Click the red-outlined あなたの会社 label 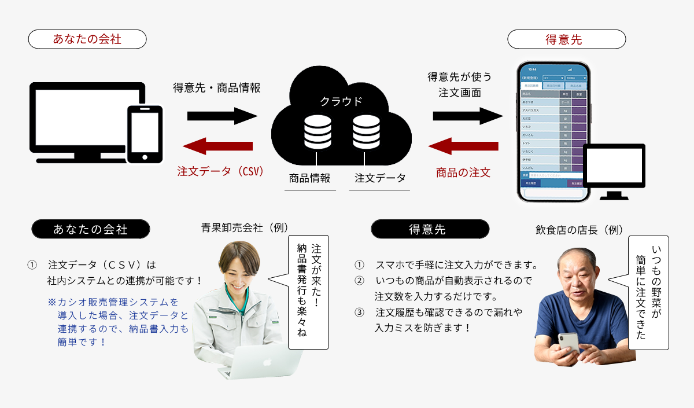87,39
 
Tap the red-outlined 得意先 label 566,39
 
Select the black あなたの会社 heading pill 91,229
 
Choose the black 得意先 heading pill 430,229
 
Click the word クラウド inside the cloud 341,101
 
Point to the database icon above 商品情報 317,131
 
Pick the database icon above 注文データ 366,131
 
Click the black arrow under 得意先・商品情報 222,116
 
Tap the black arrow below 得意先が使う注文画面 467,116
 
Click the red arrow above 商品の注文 463,146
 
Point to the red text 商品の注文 463,172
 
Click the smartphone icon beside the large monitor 145,134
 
